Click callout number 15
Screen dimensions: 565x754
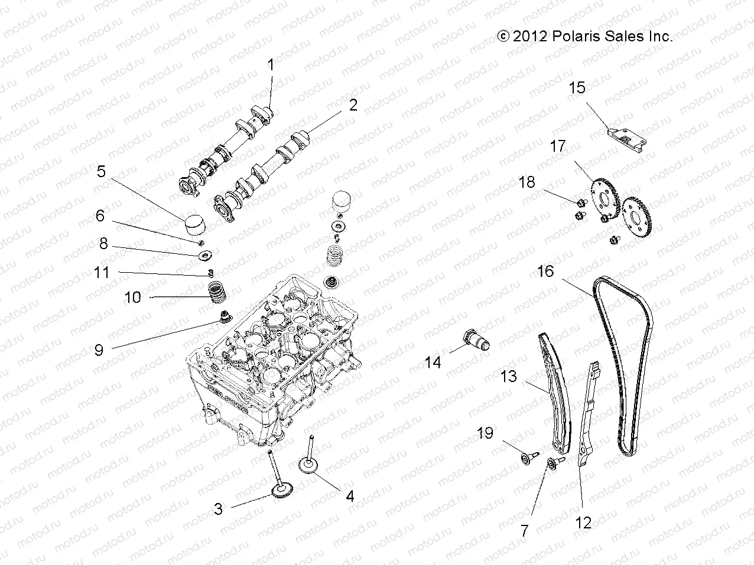click(x=577, y=88)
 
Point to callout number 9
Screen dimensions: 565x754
click(x=99, y=350)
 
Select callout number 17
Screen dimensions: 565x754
click(x=558, y=146)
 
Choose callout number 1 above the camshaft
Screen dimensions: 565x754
click(x=271, y=66)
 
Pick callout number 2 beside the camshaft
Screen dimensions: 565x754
click(x=353, y=105)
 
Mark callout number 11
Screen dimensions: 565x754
click(x=102, y=273)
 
